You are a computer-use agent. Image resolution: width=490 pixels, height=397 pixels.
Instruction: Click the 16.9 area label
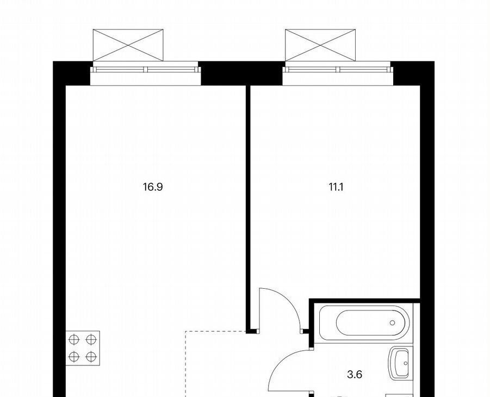153,187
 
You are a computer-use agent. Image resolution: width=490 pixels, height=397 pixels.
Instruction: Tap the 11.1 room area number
336,187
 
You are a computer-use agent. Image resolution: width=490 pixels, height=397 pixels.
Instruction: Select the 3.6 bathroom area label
355,374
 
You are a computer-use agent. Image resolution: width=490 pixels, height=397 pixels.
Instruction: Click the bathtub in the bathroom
364,322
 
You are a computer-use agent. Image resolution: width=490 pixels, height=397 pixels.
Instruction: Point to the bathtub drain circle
393,322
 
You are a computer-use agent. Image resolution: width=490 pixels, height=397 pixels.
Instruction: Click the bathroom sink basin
399,363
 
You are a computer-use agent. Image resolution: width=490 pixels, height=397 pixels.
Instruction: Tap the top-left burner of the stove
74,339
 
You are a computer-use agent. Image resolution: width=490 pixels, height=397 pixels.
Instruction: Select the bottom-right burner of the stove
91,356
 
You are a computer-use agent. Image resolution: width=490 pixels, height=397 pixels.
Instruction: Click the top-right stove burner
91,339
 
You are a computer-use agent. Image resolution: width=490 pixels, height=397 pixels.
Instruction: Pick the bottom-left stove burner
74,356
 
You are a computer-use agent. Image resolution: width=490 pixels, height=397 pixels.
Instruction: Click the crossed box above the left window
128,45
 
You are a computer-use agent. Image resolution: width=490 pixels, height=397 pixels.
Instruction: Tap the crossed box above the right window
320,45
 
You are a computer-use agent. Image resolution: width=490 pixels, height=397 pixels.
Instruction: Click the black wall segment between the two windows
241,73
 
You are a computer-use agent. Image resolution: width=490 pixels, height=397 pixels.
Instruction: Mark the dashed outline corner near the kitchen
185,331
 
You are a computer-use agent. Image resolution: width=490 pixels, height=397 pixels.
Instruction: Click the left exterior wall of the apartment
59,229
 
